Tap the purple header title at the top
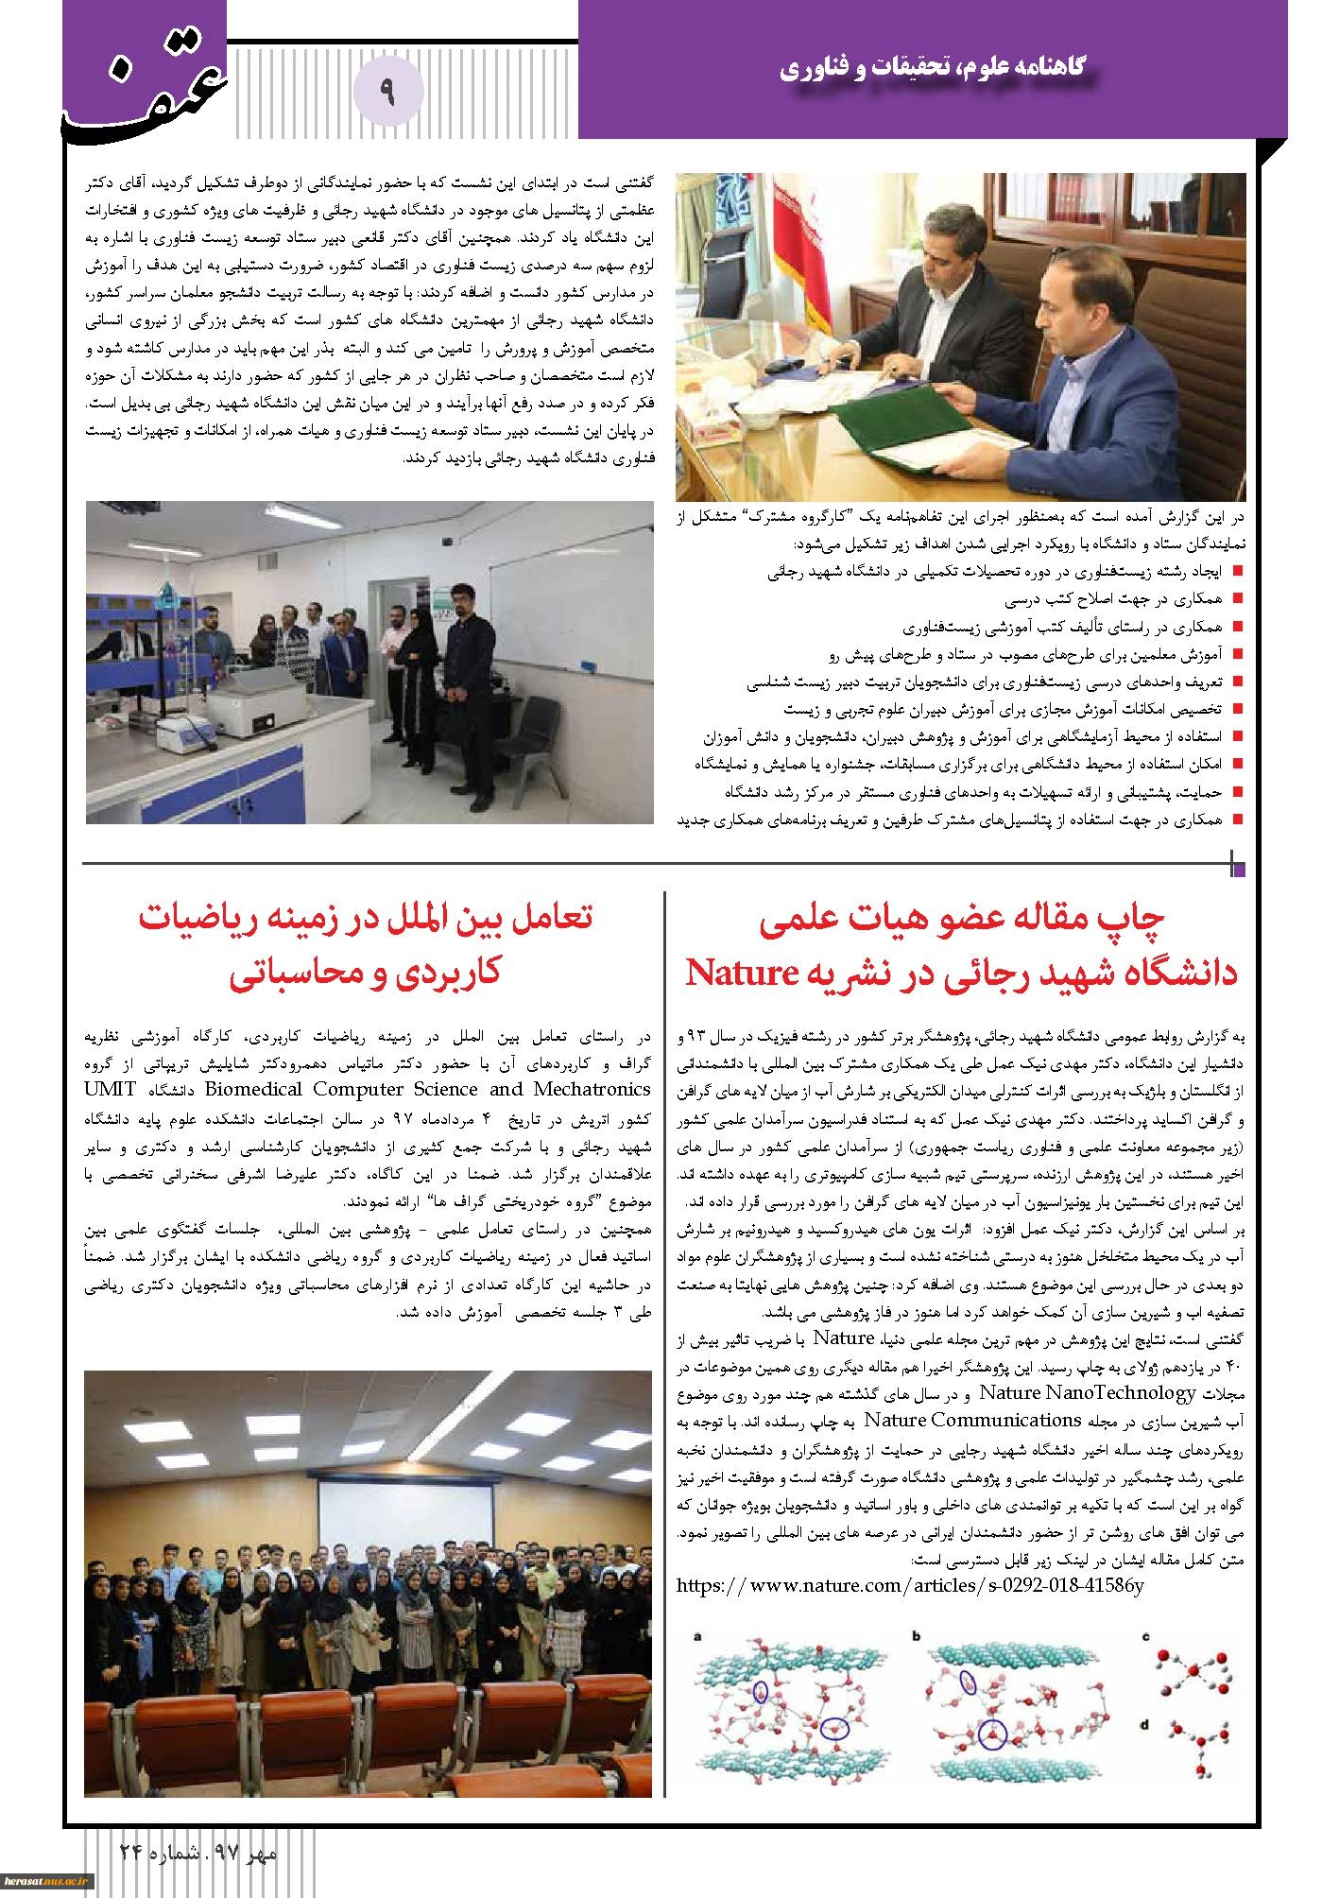(933, 68)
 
